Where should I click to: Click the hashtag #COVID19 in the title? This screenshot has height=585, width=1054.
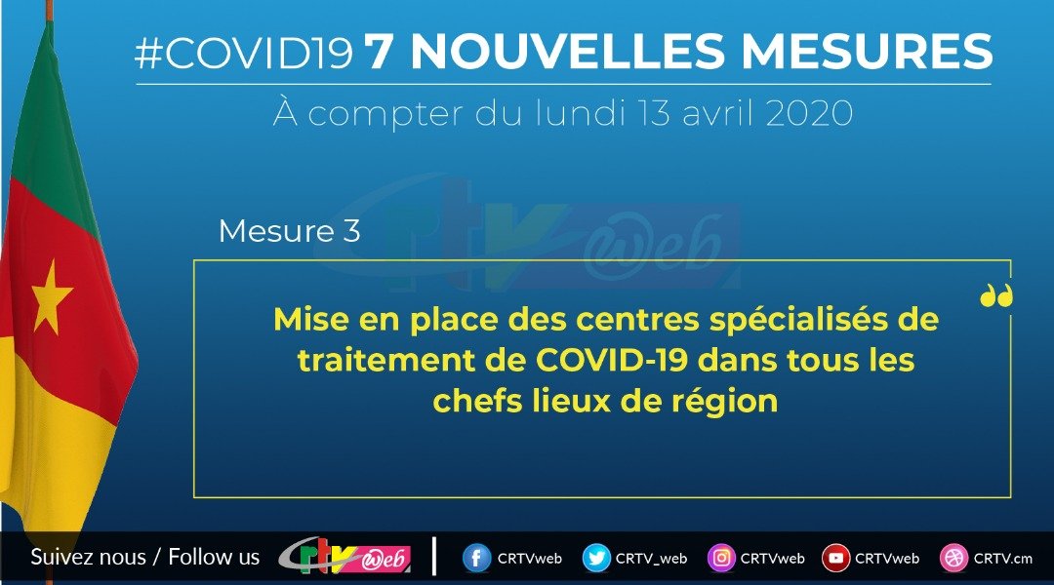coord(244,55)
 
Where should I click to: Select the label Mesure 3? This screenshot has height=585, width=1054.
coord(290,232)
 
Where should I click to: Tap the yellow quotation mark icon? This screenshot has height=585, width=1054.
coord(996,295)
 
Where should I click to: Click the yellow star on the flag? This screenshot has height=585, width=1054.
coord(52,297)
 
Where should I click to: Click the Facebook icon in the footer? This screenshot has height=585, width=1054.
coord(477,559)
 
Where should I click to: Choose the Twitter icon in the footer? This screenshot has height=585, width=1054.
coord(596,559)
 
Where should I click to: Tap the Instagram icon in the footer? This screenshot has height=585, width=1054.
coord(721,559)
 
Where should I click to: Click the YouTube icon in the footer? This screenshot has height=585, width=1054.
coord(835,559)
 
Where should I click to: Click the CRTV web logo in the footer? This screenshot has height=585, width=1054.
coord(344,557)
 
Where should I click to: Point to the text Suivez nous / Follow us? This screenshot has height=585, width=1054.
coord(145,558)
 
